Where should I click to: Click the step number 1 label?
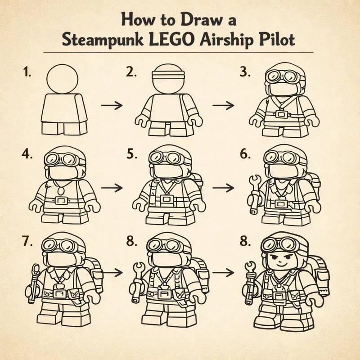(x=26, y=72)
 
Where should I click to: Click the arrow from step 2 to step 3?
(x=223, y=105)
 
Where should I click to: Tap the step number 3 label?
(x=245, y=72)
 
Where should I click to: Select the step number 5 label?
(x=131, y=154)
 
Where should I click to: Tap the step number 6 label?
(x=245, y=154)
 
